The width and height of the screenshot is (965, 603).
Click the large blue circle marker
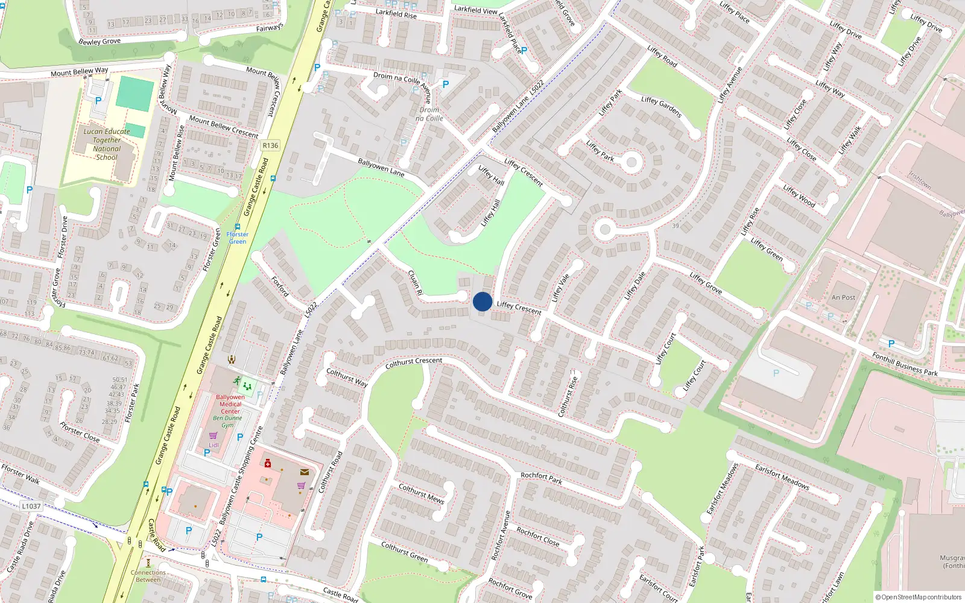click(x=482, y=301)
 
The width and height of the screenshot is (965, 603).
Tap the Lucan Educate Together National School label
click(x=107, y=144)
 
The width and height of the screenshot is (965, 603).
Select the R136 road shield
click(x=270, y=145)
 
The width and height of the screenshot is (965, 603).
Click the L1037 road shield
click(x=31, y=506)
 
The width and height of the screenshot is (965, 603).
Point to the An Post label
click(x=843, y=297)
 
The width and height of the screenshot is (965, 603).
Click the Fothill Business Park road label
click(x=905, y=364)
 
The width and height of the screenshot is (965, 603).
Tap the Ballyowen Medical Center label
click(x=230, y=404)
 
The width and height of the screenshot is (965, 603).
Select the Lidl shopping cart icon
click(x=213, y=435)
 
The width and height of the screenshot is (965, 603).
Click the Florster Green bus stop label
click(x=238, y=238)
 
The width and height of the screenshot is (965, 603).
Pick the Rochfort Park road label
click(x=541, y=478)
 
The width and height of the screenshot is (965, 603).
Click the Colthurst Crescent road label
click(x=414, y=362)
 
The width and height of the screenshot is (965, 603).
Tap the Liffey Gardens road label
click(x=662, y=107)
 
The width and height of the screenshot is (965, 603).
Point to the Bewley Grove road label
click(x=100, y=42)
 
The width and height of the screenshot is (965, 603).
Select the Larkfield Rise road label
click(x=396, y=13)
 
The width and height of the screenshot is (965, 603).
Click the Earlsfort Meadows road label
click(x=782, y=476)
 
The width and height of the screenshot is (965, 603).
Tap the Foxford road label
click(x=280, y=286)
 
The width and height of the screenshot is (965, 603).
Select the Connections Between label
click(x=148, y=576)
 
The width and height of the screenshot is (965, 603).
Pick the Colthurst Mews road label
click(x=422, y=493)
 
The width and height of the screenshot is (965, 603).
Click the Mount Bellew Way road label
click(x=80, y=72)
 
